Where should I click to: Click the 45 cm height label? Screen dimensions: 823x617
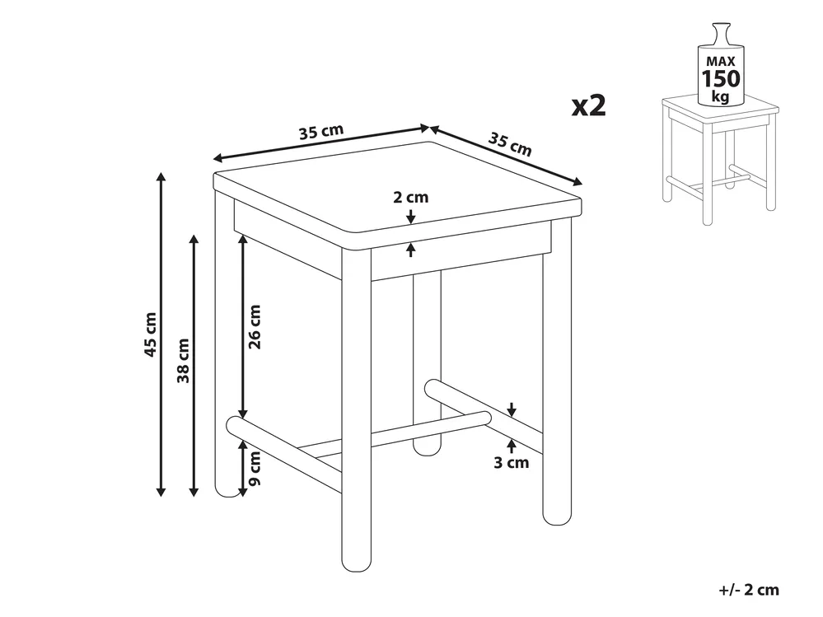point(151,334)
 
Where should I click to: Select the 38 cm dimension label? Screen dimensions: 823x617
point(183,361)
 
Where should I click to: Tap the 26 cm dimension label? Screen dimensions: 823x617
point(255,327)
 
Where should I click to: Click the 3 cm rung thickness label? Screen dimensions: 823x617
point(511,463)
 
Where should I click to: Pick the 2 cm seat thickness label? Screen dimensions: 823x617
point(410,197)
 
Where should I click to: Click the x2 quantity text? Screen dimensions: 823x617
point(588,105)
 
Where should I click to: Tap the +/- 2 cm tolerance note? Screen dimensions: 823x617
point(749,590)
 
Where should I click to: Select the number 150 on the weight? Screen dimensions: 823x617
point(721,79)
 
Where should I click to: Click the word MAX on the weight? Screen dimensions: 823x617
point(721,62)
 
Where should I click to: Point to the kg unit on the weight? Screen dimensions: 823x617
point(721,96)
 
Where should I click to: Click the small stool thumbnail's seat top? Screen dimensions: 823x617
point(720,109)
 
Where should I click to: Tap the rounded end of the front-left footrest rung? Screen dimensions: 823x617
point(234,426)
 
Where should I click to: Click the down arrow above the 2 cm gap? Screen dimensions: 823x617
point(410,216)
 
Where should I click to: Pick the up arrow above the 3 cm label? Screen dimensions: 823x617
point(512,446)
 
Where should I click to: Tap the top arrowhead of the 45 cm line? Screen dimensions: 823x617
point(161,176)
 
